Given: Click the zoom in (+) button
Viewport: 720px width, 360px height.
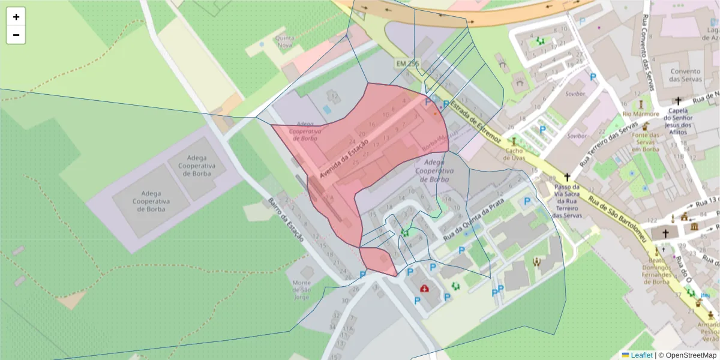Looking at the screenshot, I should [x=16, y=17].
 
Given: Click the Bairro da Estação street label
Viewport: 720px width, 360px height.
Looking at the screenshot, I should [x=286, y=220].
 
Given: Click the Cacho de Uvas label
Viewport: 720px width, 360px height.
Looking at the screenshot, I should [x=514, y=154].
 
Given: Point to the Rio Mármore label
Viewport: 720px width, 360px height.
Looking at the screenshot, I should [x=641, y=114].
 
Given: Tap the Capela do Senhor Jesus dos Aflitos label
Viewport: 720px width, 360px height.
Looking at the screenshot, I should [x=678, y=118].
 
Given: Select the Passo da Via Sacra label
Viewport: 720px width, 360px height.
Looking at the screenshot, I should [x=567, y=201].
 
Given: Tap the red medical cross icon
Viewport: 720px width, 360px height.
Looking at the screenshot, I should [x=425, y=289].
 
